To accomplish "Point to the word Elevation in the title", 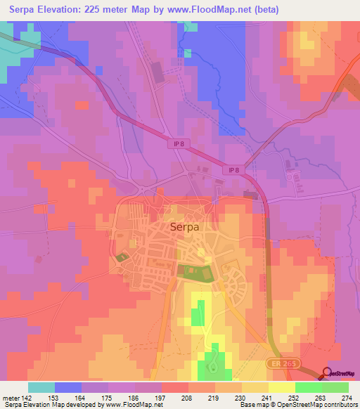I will (67, 10).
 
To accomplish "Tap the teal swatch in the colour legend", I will (41, 387).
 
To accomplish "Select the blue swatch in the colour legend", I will (68, 387).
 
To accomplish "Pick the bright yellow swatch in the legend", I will (282, 387).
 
